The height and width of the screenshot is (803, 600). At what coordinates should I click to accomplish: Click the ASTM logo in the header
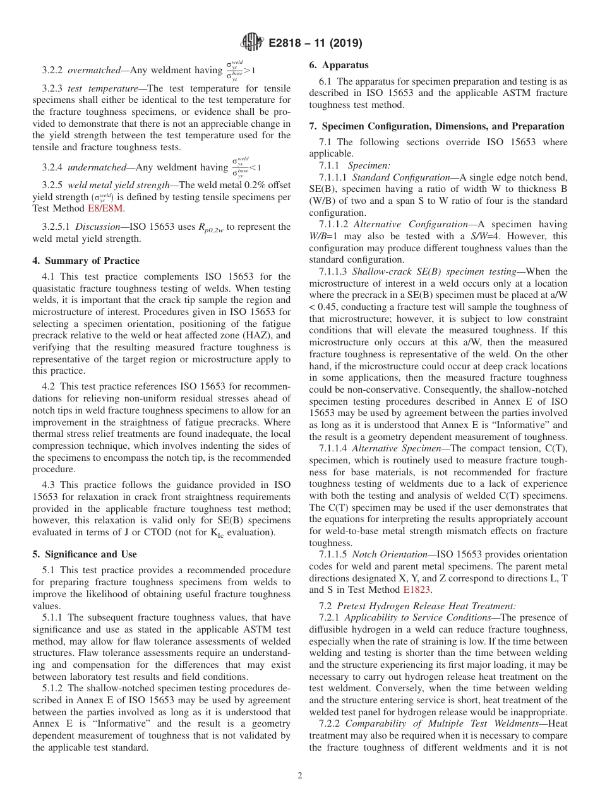[252, 44]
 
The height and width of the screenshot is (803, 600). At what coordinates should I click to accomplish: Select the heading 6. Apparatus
[339, 65]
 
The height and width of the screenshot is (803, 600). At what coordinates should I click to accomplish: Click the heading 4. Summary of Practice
[86, 261]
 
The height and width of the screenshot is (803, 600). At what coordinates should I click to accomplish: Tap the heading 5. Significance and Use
[84, 554]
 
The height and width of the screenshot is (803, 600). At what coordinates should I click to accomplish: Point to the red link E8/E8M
[106, 208]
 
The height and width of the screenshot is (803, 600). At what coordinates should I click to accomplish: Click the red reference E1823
[416, 590]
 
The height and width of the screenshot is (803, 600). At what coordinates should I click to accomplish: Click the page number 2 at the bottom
[300, 775]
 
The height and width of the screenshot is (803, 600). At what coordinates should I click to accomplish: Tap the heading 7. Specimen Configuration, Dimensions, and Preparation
[436, 126]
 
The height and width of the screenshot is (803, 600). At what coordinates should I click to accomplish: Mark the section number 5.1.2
[54, 687]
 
